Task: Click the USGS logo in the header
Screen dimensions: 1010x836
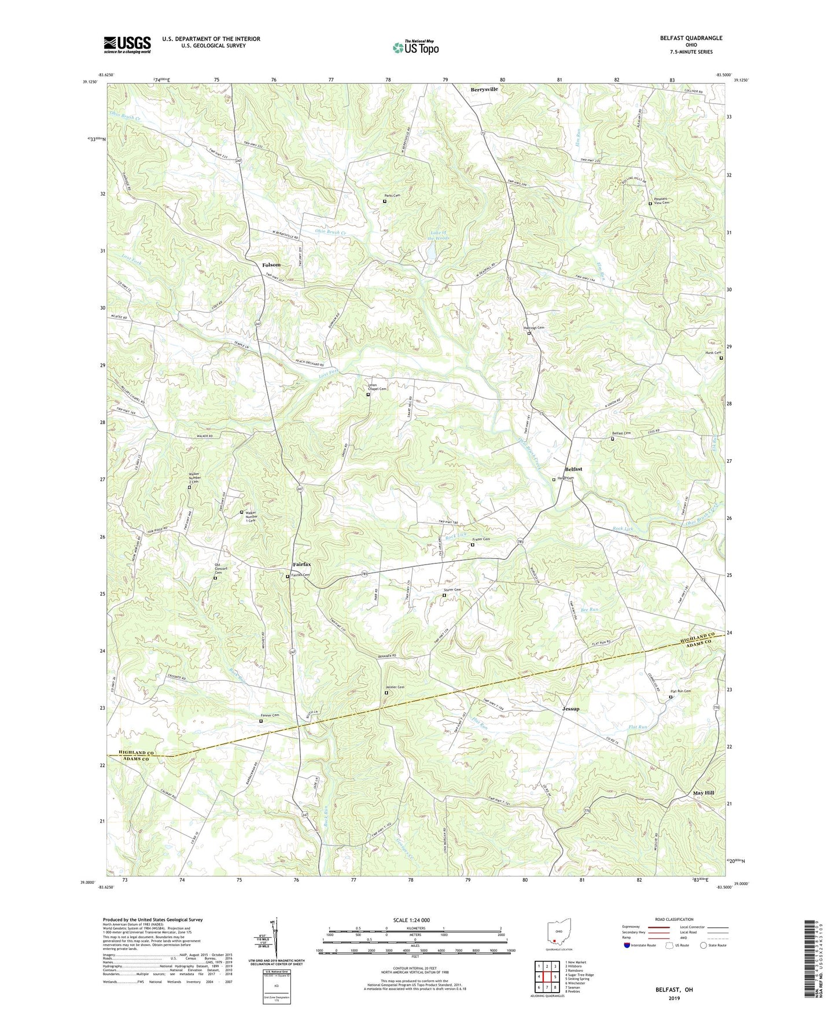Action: click(127, 45)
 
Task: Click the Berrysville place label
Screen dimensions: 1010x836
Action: click(484, 90)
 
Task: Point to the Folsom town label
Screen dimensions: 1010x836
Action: click(271, 265)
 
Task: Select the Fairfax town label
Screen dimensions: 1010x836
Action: click(301, 564)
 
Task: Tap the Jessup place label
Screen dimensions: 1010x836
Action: click(570, 709)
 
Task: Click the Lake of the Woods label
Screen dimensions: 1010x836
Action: click(438, 235)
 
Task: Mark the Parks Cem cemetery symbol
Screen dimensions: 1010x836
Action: click(384, 201)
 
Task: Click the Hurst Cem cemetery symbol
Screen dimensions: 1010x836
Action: click(721, 358)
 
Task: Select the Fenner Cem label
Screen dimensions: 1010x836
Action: click(269, 716)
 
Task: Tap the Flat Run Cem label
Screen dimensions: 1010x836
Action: click(680, 691)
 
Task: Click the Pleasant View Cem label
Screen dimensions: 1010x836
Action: click(661, 201)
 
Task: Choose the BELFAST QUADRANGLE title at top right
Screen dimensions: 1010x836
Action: click(691, 38)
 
